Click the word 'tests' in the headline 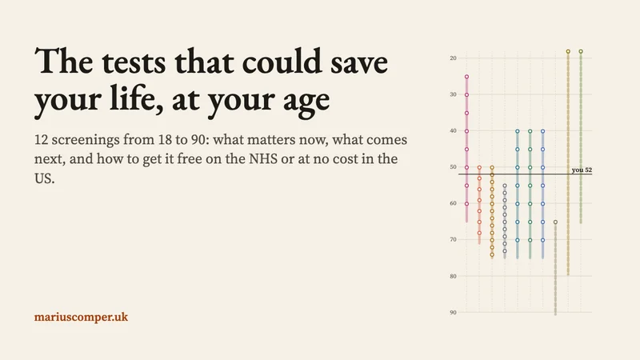[x=134, y=62]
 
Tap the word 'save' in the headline [x=359, y=64]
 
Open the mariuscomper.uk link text [x=82, y=317]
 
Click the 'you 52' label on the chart [x=582, y=170]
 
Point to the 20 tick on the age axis [x=453, y=58]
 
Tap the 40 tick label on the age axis [x=453, y=130]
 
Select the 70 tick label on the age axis [x=453, y=239]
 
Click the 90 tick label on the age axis [x=453, y=312]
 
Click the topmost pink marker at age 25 [x=466, y=77]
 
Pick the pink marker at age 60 [x=466, y=204]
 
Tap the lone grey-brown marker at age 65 [x=555, y=222]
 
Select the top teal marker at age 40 [x=517, y=131]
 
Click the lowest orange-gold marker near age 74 [x=492, y=254]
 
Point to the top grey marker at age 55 [x=505, y=186]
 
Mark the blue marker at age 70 [x=542, y=240]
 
